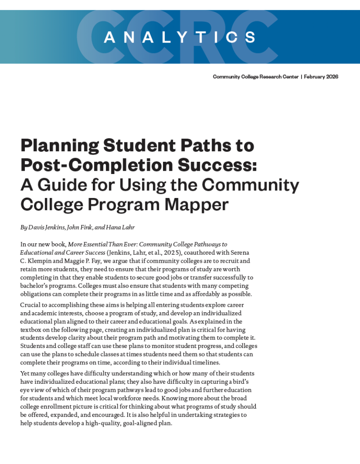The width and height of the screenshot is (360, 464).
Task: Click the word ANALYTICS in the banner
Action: click(180, 37)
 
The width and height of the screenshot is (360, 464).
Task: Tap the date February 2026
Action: click(321, 77)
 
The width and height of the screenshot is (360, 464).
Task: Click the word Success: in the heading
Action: click(224, 165)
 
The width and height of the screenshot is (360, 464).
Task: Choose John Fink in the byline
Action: click(82, 227)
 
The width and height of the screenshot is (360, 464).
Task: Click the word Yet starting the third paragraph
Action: click(26, 373)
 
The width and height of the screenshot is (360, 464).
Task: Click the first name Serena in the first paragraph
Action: click(240, 252)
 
